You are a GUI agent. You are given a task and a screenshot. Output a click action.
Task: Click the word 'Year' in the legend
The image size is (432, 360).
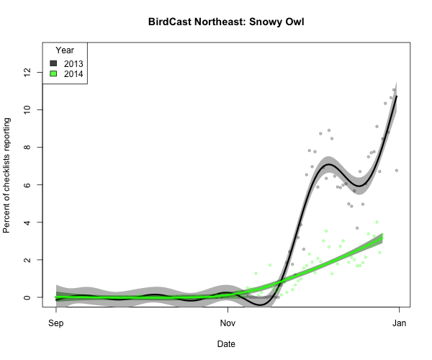point(64,50)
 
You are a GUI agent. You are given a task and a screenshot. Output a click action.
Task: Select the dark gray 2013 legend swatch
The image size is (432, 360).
point(53,64)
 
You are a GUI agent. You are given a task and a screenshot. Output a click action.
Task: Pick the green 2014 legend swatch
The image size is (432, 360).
point(53,74)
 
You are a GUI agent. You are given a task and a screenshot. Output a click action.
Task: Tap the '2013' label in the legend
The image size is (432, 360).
point(73,64)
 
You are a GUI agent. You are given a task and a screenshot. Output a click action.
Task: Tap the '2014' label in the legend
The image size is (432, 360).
point(73,74)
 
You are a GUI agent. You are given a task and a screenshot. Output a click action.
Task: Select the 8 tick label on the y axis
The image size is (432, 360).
point(28,148)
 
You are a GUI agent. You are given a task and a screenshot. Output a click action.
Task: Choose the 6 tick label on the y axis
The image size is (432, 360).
point(28,185)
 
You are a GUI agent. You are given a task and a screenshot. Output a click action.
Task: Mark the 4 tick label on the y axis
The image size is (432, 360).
point(28,222)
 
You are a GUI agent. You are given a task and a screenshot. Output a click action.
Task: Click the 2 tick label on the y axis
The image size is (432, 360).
point(28,260)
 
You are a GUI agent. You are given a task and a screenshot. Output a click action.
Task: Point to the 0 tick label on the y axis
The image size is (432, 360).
point(28,297)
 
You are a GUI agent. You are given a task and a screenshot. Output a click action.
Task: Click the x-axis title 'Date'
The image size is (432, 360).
point(226,344)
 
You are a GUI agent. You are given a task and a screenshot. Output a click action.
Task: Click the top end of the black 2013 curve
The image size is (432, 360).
point(397,96)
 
